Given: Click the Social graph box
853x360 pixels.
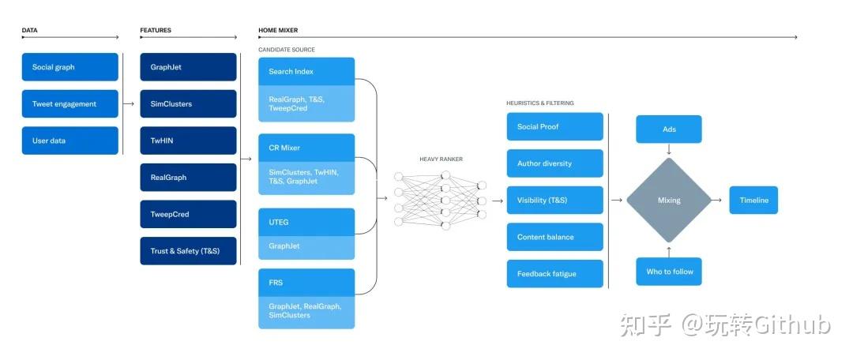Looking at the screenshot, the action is pyautogui.click(x=70, y=67).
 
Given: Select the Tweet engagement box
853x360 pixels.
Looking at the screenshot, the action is pyautogui.click(x=70, y=104).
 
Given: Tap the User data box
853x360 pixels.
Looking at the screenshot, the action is pyautogui.click(x=70, y=141).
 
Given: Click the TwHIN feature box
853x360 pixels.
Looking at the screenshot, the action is pyautogui.click(x=188, y=141).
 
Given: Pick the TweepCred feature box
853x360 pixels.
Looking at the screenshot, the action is pyautogui.click(x=188, y=214).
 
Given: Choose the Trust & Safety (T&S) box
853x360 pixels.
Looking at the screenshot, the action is pyautogui.click(x=188, y=251).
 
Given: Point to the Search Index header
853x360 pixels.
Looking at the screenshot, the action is pyautogui.click(x=306, y=71).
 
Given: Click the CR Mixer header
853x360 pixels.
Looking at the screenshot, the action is pyautogui.click(x=306, y=148).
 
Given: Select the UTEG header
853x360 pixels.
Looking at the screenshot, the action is pyautogui.click(x=306, y=223).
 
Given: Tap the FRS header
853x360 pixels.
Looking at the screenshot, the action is pyautogui.click(x=306, y=283).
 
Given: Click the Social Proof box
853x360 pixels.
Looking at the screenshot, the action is pyautogui.click(x=555, y=126).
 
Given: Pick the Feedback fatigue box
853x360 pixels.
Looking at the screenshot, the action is pyautogui.click(x=555, y=273).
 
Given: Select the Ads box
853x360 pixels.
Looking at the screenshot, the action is pyautogui.click(x=669, y=129).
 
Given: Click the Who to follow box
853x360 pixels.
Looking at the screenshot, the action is pyautogui.click(x=669, y=272).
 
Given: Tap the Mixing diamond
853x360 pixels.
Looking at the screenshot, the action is pyautogui.click(x=669, y=200).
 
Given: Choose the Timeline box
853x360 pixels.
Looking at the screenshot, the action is pyautogui.click(x=753, y=200).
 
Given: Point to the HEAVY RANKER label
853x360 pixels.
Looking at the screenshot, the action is pyautogui.click(x=442, y=159).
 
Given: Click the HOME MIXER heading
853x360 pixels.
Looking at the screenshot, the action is pyautogui.click(x=278, y=31).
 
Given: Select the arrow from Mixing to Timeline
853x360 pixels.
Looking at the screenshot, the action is pyautogui.click(x=716, y=200).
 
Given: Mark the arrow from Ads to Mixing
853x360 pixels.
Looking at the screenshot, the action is pyautogui.click(x=669, y=149).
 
